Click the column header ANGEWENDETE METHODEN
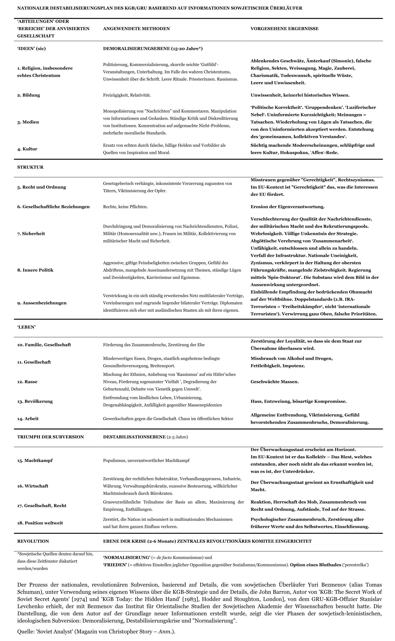[136, 29]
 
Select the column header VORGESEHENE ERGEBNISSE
[285, 29]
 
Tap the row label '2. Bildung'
[28, 95]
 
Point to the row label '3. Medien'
[28, 122]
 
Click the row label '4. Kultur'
[27, 149]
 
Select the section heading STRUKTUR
[30, 167]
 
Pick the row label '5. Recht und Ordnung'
[42, 187]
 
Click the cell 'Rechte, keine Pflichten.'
[125, 207]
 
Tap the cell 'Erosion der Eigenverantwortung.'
[287, 207]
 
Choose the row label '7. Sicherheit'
[31, 234]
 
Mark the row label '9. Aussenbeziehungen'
[42, 303]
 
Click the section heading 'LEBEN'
[26, 327]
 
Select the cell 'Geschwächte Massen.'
[275, 382]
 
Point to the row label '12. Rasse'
[27, 382]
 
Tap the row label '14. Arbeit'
[28, 419]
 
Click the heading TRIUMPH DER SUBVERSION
[51, 437]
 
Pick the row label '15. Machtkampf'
[35, 461]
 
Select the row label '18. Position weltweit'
[40, 523]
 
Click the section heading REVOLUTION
[33, 541]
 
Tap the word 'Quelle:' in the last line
[25, 632]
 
